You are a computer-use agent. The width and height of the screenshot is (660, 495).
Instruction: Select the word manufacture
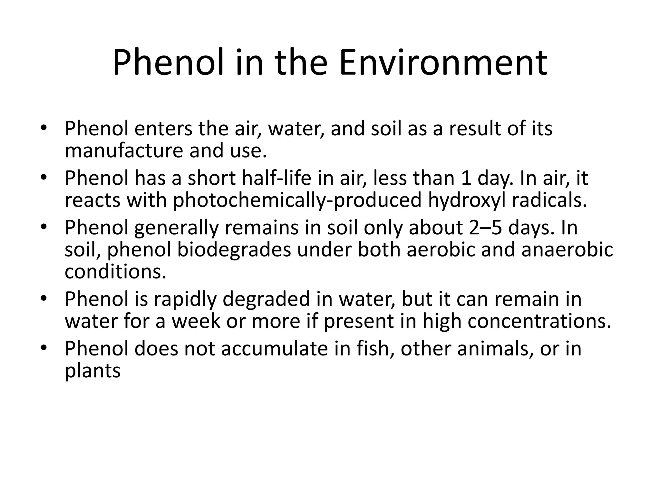click(x=124, y=150)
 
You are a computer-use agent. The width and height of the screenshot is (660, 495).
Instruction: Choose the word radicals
click(x=549, y=200)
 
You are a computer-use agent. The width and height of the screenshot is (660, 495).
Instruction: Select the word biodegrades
click(x=234, y=250)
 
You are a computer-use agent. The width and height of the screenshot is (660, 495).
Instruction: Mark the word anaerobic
click(x=567, y=250)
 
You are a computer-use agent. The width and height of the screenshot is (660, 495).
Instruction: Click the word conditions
click(x=115, y=272)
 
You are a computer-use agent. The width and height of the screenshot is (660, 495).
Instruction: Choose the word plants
click(x=92, y=371)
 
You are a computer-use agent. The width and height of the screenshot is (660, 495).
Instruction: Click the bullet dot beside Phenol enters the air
click(x=44, y=128)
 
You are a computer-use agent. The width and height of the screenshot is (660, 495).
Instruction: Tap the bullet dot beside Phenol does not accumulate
click(x=44, y=348)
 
